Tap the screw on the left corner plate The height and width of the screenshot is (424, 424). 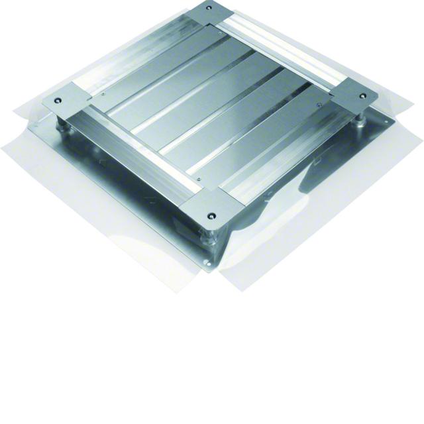coord(57,101)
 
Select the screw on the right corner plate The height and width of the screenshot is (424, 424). coord(364,99)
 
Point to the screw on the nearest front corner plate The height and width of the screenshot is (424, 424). coord(211,216)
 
